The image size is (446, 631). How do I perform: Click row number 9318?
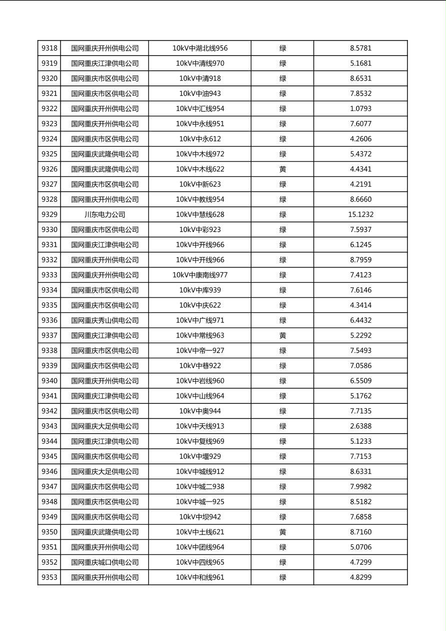pos(49,48)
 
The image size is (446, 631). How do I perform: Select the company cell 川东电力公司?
pos(104,214)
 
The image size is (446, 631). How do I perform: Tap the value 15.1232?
pos(360,214)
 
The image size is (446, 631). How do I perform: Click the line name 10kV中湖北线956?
pos(200,48)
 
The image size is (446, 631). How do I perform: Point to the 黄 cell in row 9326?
pos(282,169)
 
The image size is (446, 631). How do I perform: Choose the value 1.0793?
pos(360,108)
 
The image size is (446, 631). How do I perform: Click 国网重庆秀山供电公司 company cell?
pos(104,320)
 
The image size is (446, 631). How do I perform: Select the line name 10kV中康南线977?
pos(200,275)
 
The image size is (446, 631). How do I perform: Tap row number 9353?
pos(49,577)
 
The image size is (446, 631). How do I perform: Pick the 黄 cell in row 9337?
pos(282,335)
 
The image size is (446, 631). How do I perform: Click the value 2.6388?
pos(360,426)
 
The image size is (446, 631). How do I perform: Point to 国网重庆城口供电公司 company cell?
pos(104,562)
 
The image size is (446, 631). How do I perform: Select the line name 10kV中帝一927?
pos(200,350)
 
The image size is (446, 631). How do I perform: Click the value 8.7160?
pos(360,532)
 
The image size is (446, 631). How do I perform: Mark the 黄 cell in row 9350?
pos(282,532)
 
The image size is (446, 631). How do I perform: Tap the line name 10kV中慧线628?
pos(200,214)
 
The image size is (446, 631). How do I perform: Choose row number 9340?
pos(49,381)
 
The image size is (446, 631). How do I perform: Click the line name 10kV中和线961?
pos(200,577)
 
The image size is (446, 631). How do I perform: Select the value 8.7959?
pos(360,260)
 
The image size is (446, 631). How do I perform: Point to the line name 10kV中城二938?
pos(200,486)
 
